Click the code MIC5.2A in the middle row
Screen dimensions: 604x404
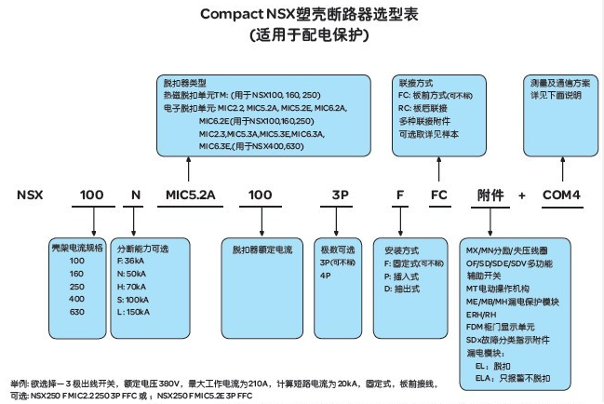point(190,195)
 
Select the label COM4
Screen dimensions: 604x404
point(561,195)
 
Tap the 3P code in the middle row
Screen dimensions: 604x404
point(340,195)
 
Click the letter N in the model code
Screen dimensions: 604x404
point(136,195)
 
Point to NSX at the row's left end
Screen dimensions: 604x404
point(30,195)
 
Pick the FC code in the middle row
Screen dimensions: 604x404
point(438,195)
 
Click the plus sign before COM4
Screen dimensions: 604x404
point(521,195)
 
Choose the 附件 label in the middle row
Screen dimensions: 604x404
point(490,195)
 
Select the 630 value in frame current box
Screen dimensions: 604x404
point(77,312)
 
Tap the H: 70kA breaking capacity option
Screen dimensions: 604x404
point(131,287)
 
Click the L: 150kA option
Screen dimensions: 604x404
point(133,312)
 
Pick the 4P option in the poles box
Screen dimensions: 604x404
point(325,276)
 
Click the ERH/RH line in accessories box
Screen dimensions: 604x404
point(481,315)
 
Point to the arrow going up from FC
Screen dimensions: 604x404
point(438,168)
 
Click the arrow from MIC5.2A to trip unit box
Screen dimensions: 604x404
point(188,168)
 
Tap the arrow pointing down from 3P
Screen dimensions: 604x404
point(336,222)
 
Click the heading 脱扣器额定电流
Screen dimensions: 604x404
point(262,250)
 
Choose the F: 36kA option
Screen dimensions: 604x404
point(130,261)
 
